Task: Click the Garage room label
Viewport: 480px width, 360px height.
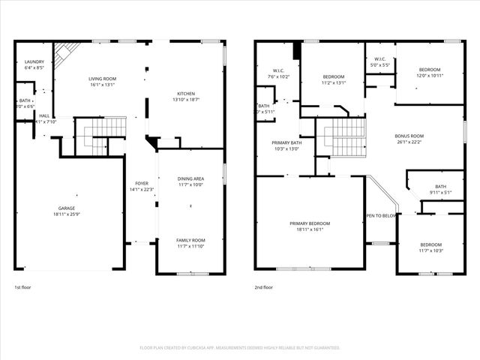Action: [x=67, y=208]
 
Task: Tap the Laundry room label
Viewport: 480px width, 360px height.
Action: [x=34, y=61]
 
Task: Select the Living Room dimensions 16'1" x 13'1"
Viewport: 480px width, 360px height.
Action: [x=102, y=85]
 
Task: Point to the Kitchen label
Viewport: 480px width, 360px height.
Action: [x=184, y=93]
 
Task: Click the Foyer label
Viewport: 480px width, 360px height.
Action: [x=142, y=183]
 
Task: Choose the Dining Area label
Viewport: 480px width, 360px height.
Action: [x=190, y=178]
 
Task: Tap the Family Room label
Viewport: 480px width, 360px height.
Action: [x=190, y=240]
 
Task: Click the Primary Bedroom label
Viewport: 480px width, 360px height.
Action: [x=310, y=223]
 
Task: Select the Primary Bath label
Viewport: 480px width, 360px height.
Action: [x=287, y=142]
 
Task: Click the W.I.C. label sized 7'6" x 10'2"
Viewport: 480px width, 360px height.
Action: [x=277, y=70]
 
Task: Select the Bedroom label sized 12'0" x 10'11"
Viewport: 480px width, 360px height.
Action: [x=430, y=70]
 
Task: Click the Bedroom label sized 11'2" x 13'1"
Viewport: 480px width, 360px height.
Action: [x=334, y=76]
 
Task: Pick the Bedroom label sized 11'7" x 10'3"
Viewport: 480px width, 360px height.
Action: [x=430, y=244]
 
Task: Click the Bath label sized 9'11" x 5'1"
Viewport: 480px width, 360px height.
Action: [x=440, y=187]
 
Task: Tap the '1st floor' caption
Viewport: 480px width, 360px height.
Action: [x=23, y=287]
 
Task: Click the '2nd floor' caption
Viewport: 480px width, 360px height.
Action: [x=263, y=287]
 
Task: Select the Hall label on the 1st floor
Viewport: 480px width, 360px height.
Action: [x=44, y=115]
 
